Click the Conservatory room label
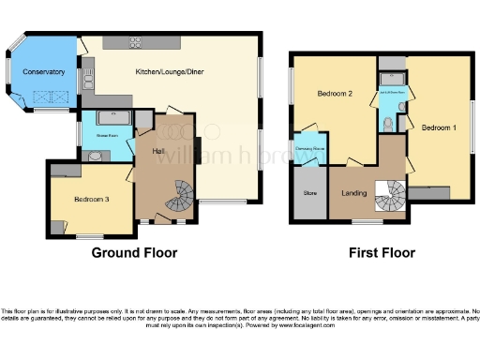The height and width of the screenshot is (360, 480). tap(44, 72)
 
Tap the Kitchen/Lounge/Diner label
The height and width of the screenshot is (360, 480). tap(169, 72)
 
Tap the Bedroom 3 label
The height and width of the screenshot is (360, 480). tap(92, 199)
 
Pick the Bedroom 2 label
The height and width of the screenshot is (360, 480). tap(335, 95)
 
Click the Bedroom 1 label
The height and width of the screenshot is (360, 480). tap(438, 127)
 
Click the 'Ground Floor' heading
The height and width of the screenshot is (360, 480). tap(134, 253)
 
